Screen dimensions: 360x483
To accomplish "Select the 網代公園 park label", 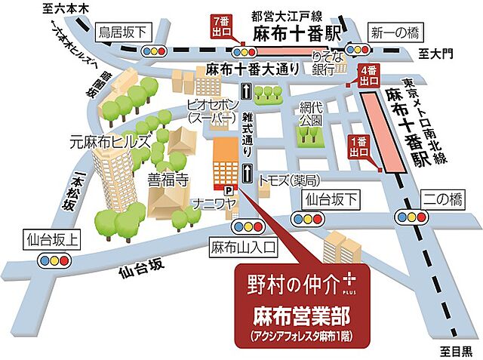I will coord(310,113).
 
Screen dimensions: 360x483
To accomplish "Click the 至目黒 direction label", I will coord(457,350).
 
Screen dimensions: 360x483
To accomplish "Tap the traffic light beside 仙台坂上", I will coord(54,260).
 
